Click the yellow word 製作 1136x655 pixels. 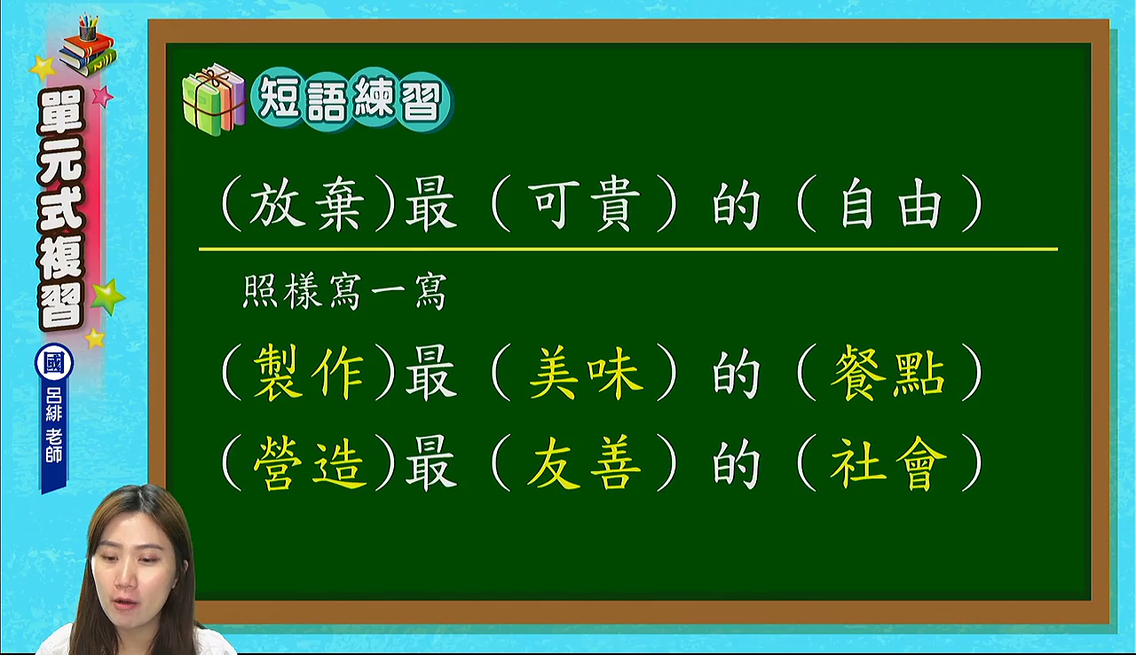(308, 373)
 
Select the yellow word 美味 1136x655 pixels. (586, 373)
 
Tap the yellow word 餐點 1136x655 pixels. (888, 373)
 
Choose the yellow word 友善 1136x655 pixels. (584, 462)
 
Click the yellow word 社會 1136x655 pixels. (888, 462)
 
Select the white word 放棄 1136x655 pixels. (307, 204)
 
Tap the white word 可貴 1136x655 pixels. (584, 204)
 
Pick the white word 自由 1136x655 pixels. (891, 204)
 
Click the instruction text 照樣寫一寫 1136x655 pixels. (345, 291)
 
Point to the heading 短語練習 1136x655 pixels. (350, 99)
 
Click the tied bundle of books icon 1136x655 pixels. (214, 99)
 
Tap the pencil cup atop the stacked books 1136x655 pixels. (88, 28)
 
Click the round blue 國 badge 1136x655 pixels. (54, 363)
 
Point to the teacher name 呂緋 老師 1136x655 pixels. (54, 426)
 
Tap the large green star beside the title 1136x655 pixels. (107, 296)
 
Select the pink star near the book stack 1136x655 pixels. (102, 96)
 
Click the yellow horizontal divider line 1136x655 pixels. (628, 249)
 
